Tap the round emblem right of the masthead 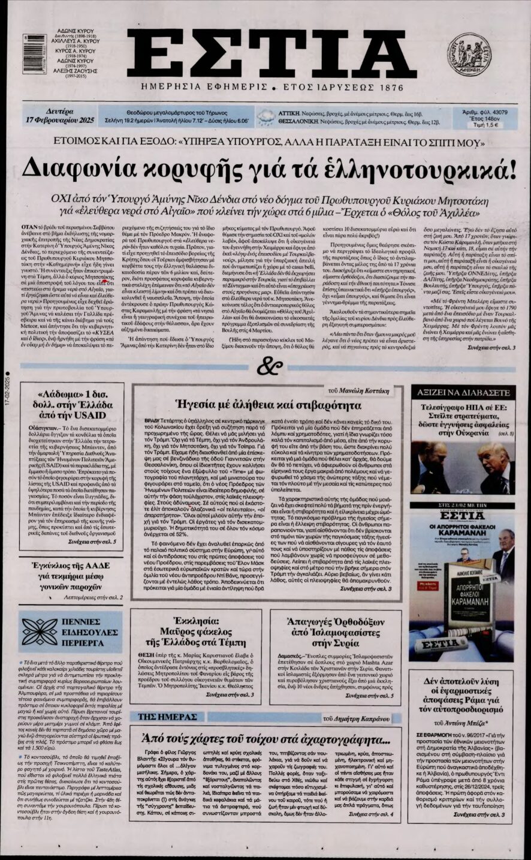469,55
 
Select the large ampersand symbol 266,365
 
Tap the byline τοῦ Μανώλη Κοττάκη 359,390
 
